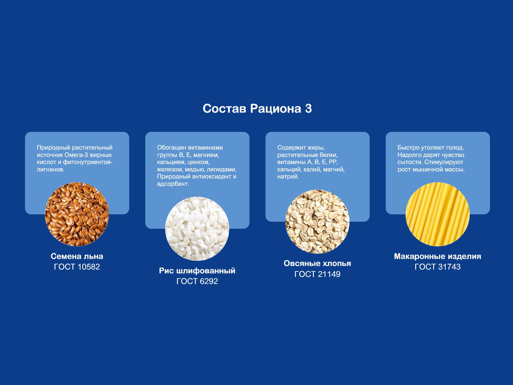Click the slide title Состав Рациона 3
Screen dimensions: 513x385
pos(257,109)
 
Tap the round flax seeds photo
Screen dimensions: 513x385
pos(77,214)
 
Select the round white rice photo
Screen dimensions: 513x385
pos(197,229)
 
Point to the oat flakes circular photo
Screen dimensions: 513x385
pos(317,221)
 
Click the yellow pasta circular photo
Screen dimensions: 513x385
pos(438,214)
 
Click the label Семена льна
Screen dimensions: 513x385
pos(77,256)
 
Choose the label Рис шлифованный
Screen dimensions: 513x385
pos(197,271)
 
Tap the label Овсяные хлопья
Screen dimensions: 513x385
pos(317,263)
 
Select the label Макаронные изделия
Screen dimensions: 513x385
pos(438,256)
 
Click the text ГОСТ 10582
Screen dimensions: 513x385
pos(77,267)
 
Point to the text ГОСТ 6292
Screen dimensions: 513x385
pos(197,281)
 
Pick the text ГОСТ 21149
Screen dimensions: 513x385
pos(317,274)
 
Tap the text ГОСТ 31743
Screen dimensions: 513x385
pos(438,267)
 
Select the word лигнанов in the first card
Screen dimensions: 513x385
pos(50,169)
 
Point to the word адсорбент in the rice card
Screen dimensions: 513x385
pos(173,184)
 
